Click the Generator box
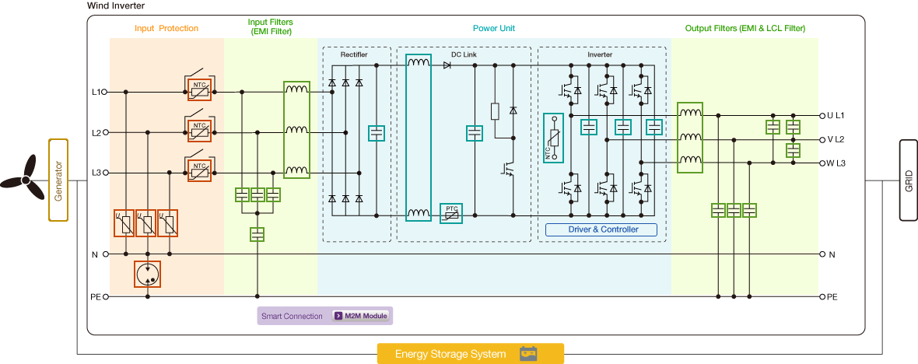coord(59,180)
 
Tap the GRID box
coord(908,180)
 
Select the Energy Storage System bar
coord(470,354)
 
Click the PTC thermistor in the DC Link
coord(451,213)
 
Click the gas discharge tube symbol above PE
coord(147,273)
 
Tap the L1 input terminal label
coord(96,92)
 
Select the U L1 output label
coord(836,115)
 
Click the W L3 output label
coord(836,163)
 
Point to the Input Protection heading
coord(166,29)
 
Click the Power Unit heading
coord(494,29)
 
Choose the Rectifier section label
coord(354,55)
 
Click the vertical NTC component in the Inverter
coord(554,138)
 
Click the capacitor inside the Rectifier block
coord(377,133)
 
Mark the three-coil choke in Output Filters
coord(690,137)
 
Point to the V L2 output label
coord(836,139)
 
